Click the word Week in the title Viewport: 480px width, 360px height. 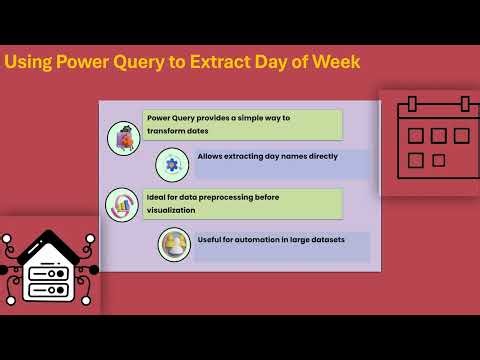point(336,62)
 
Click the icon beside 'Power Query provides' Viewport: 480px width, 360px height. point(123,138)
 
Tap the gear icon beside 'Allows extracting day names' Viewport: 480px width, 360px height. point(172,163)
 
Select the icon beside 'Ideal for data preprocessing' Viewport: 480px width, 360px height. point(122,204)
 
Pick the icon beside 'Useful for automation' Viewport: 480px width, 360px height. point(174,245)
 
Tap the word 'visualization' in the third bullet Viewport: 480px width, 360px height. point(170,210)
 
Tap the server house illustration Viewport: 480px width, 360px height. point(47,268)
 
